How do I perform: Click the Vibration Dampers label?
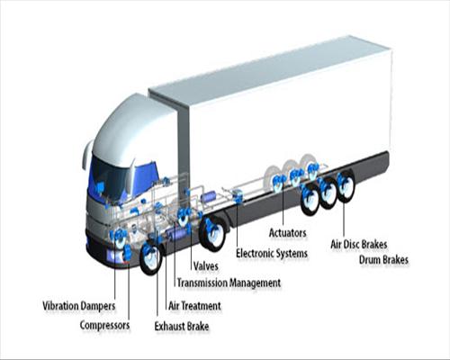[79, 306]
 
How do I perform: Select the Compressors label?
[104, 325]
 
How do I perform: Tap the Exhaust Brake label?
[182, 326]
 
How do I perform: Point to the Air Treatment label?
[194, 306]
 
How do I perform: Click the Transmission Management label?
[229, 283]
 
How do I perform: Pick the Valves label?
[205, 265]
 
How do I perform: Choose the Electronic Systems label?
[272, 253]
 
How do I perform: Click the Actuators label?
[288, 233]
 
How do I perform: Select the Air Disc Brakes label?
[359, 244]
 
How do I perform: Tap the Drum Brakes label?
[383, 259]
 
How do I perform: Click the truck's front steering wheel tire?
[151, 258]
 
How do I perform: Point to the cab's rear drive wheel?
[212, 233]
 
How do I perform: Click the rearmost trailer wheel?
[346, 186]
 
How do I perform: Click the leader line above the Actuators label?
[283, 206]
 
